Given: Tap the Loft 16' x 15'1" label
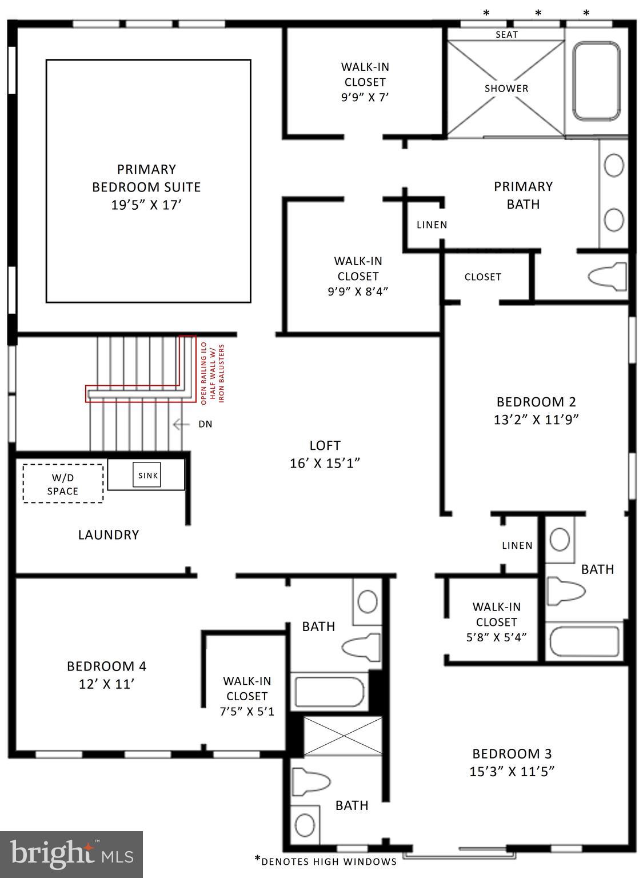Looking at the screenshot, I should coord(325,454).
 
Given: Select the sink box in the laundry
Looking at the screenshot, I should coord(147,475).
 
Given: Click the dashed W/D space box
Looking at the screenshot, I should coord(63,484).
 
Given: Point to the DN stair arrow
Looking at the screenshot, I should coord(182,424).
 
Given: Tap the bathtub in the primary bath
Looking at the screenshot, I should coord(596,81).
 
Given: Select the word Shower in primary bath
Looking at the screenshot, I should coord(506,89).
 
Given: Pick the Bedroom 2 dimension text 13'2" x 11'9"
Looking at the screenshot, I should coord(536,420).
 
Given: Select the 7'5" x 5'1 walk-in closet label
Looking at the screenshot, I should coord(247,696).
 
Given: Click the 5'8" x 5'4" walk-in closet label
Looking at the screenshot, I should coord(496,622).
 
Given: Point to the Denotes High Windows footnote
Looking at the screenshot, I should coord(325,861).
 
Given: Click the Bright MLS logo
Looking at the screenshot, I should coord(71,854).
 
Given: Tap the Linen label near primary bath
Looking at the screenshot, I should coord(432,225).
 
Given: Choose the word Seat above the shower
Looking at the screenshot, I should coord(506,34).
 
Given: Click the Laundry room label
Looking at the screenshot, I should coord(108,534).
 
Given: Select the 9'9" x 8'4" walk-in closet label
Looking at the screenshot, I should coord(358,276).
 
